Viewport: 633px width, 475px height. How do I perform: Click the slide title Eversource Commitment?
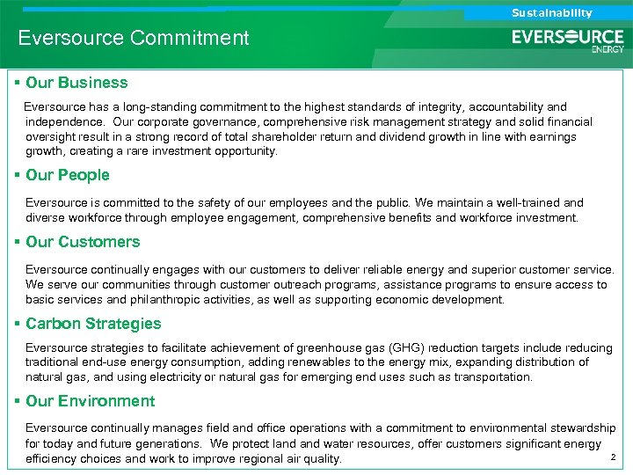click(134, 39)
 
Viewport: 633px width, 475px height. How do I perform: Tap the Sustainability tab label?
click(551, 13)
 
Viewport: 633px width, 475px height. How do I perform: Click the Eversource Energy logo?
click(568, 40)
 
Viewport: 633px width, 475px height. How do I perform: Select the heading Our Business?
click(76, 83)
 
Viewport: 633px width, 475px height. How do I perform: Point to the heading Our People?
click(68, 175)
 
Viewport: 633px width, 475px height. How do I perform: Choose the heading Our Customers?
click(83, 242)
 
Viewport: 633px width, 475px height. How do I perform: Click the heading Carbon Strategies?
click(93, 324)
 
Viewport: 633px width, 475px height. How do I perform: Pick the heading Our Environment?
click(90, 401)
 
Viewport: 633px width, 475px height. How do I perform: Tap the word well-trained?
click(530, 202)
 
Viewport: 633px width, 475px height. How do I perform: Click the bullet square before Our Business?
click(18, 83)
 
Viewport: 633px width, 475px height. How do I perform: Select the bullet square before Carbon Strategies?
click(18, 324)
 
